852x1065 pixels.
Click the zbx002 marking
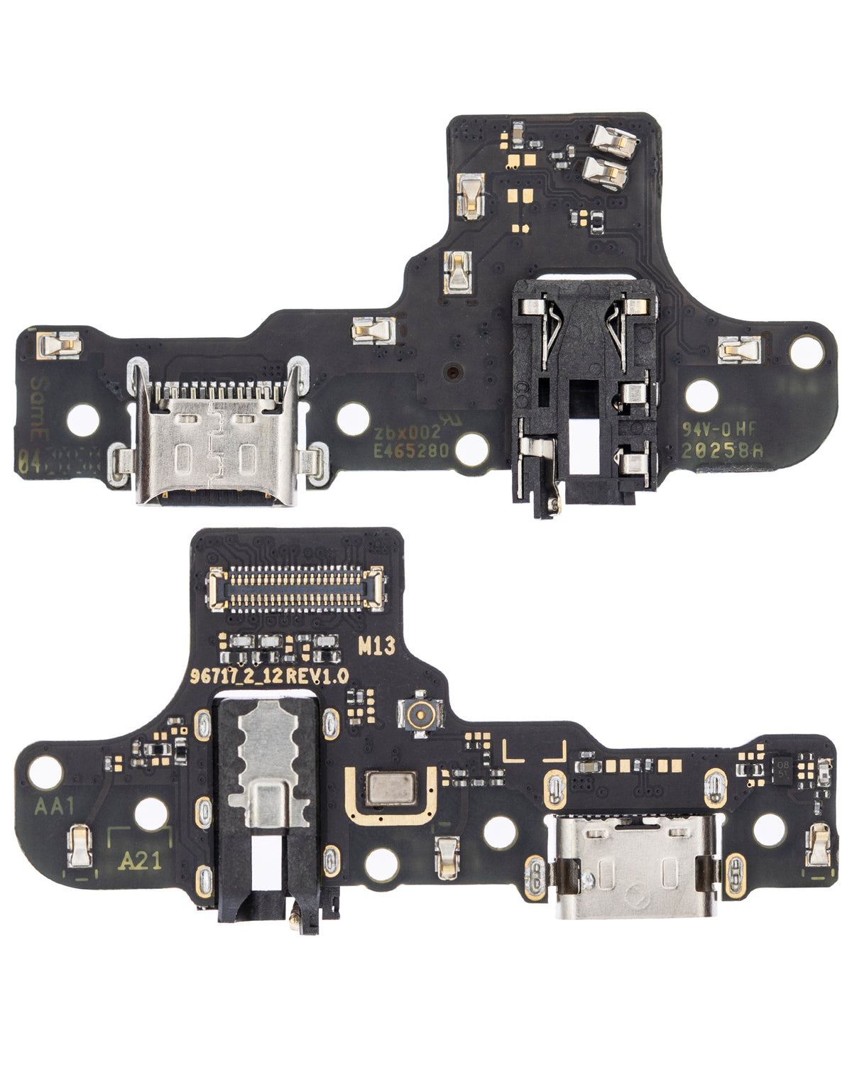pos(408,431)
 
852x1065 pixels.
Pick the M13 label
pos(376,646)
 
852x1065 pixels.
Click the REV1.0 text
pos(317,676)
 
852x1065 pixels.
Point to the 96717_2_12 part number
pos(237,676)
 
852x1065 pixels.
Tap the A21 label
pos(139,861)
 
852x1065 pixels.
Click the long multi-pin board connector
pos(295,590)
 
